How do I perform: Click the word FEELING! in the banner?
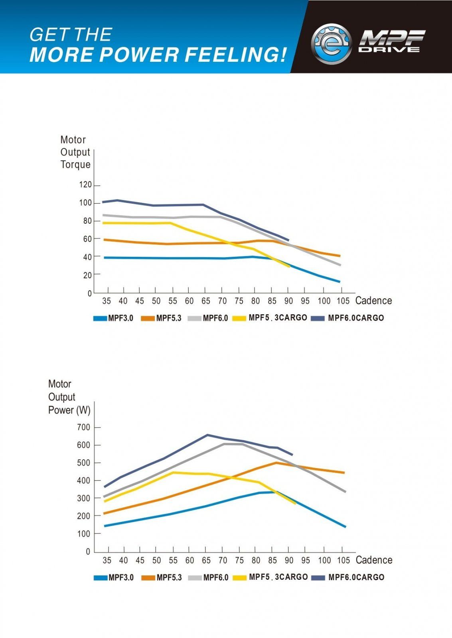(x=236, y=55)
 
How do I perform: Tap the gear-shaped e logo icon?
(x=331, y=44)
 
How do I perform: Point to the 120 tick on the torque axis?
(x=85, y=185)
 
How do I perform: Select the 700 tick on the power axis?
(x=84, y=427)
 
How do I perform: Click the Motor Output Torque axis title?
(x=75, y=152)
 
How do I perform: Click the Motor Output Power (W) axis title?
(x=69, y=397)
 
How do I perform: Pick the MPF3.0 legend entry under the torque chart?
(x=114, y=318)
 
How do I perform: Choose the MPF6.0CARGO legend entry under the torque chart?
(x=348, y=318)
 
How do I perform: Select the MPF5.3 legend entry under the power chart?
(x=162, y=577)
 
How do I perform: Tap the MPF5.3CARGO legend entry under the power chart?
(x=271, y=577)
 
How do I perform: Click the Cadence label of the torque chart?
(x=373, y=301)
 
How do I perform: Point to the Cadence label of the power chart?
(x=374, y=560)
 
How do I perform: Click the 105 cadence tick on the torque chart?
(x=343, y=301)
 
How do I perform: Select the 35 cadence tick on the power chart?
(x=107, y=560)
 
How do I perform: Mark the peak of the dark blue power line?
(x=207, y=435)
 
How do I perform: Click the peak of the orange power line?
(x=276, y=463)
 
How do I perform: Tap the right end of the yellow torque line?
(x=289, y=266)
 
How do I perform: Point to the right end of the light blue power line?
(x=345, y=527)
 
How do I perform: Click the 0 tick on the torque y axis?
(x=89, y=293)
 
